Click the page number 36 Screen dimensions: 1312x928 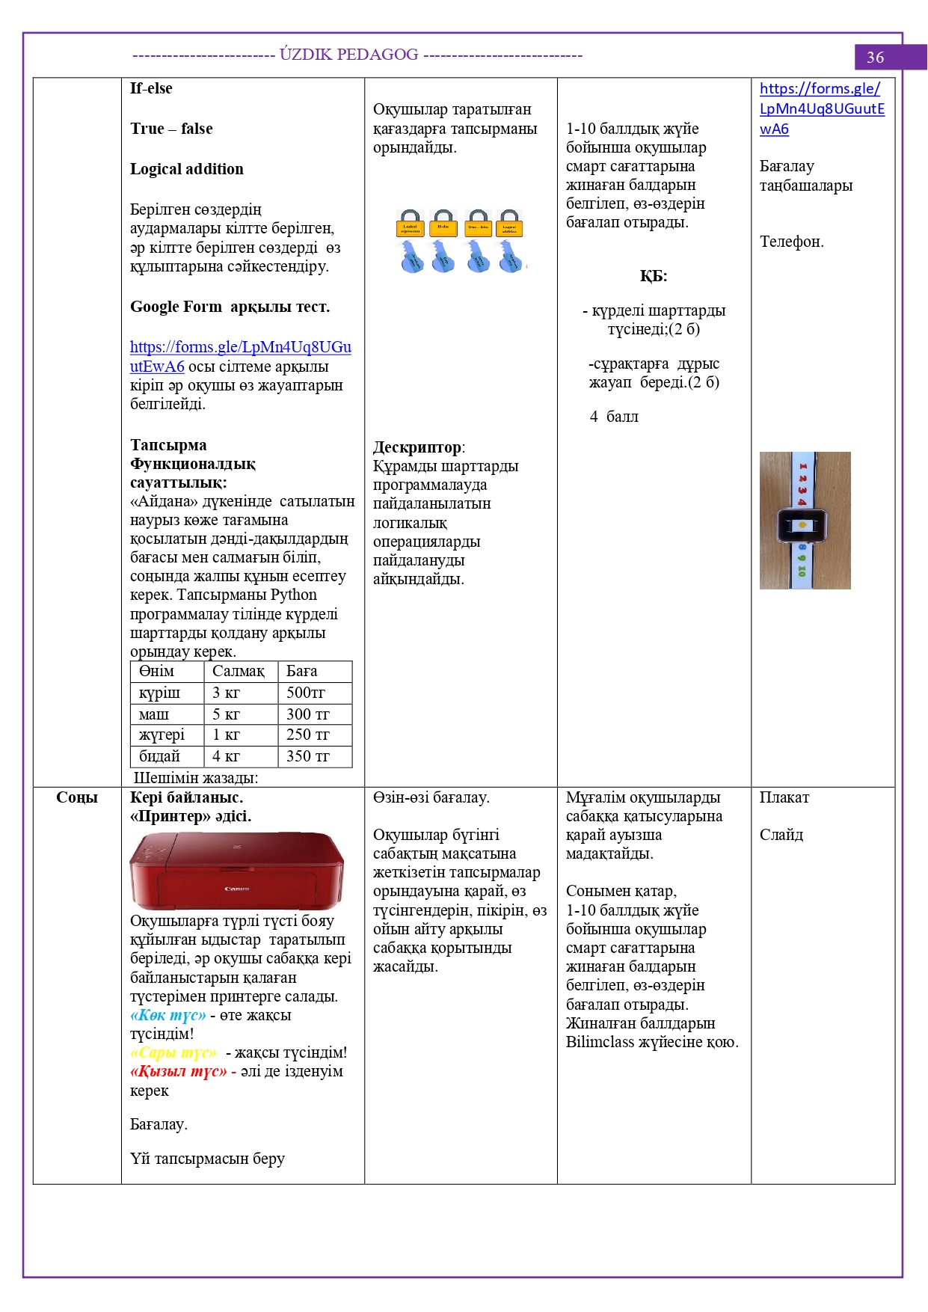coord(875,58)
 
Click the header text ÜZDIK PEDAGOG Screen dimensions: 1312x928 coord(349,55)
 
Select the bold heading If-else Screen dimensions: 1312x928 coord(151,88)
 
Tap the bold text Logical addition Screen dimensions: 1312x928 coord(187,169)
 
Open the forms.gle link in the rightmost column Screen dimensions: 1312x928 coord(821,108)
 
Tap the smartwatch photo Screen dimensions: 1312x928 coord(805,521)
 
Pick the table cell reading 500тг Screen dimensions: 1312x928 coord(306,693)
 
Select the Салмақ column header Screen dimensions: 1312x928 coord(239,671)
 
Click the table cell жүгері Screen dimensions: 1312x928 coord(162,735)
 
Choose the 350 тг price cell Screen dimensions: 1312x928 coord(308,756)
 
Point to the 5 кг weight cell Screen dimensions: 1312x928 coord(227,714)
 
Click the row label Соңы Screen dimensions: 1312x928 coord(77,797)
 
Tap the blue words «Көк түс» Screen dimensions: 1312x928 coord(168,1015)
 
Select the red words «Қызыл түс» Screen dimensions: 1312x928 coord(179,1071)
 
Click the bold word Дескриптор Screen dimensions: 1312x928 coord(417,447)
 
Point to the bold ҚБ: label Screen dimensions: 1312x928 coord(654,276)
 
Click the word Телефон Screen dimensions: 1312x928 coord(791,242)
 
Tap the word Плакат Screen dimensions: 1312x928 coord(784,797)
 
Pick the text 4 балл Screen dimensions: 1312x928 coord(614,417)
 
